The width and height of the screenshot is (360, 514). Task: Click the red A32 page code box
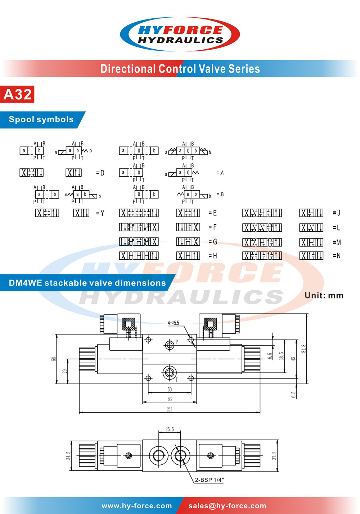17,94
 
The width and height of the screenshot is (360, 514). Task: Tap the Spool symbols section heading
41,119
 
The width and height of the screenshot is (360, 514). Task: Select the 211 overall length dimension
170,409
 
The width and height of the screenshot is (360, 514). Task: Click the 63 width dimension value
170,399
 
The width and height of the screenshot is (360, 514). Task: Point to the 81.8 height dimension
303,349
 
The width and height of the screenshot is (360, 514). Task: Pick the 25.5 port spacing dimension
170,429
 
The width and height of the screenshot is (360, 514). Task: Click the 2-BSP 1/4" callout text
209,480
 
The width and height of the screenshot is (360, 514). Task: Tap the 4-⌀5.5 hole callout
173,323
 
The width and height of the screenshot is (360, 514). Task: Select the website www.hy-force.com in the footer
137,506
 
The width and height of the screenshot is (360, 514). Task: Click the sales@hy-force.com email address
227,506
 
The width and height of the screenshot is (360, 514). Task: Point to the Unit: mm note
324,295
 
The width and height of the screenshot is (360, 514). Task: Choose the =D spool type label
100,173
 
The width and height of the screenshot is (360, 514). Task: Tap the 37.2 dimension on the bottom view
274,456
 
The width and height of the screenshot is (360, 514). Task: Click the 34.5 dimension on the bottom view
68,456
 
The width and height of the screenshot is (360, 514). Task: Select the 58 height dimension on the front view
54,359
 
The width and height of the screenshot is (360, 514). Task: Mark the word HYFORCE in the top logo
180,30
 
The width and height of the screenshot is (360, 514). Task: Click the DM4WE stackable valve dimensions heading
87,283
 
